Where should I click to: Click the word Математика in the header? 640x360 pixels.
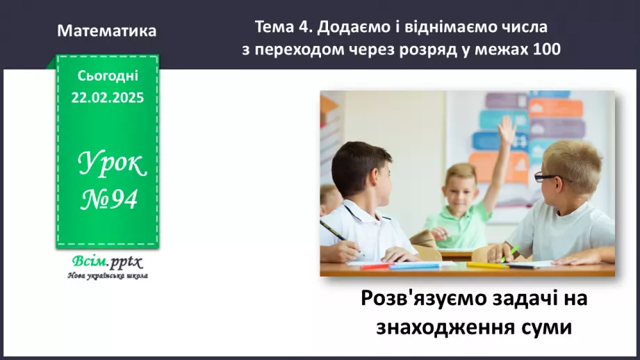[107, 31]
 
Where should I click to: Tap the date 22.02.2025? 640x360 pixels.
[107, 98]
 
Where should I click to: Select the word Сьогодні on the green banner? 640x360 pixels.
[107, 75]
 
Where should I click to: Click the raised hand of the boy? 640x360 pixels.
[507, 129]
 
